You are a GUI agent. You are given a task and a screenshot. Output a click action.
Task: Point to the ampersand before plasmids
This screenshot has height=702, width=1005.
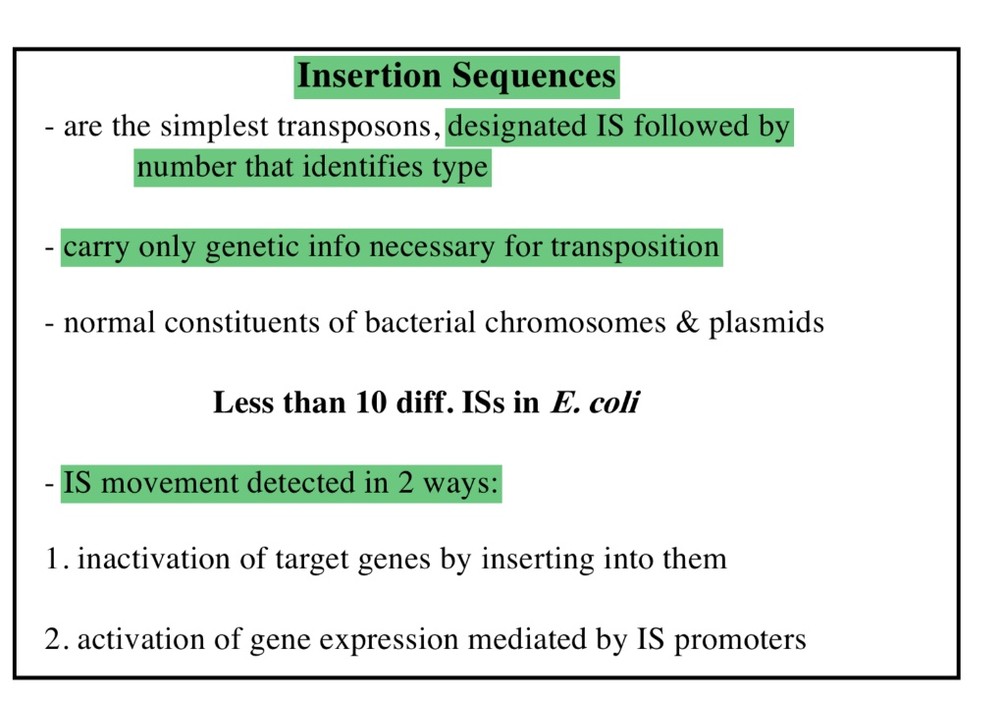(x=686, y=322)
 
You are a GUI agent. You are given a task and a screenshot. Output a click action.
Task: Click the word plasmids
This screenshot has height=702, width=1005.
(x=767, y=322)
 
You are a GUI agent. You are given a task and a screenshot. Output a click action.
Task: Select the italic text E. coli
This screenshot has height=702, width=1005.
(x=595, y=403)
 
